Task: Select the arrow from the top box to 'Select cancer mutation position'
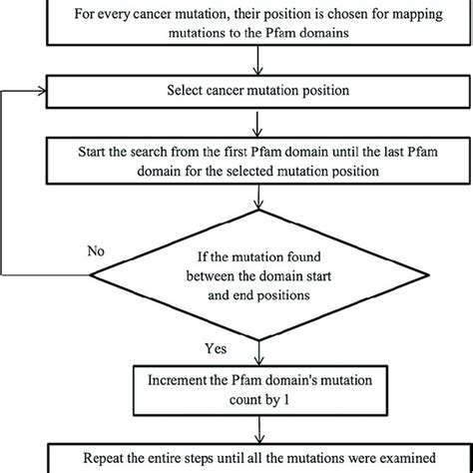[x=261, y=67]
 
